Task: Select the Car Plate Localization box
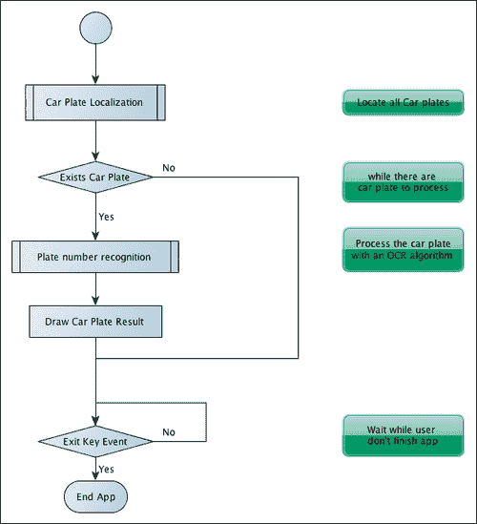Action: (x=94, y=101)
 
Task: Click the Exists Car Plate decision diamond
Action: (x=95, y=177)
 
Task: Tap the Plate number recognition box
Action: (x=95, y=257)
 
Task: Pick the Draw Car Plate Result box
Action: (x=94, y=321)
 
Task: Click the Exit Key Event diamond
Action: (x=95, y=441)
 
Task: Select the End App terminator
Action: (x=95, y=496)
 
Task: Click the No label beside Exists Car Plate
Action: (x=169, y=168)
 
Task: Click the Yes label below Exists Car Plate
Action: (x=106, y=217)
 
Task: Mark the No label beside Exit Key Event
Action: (x=169, y=431)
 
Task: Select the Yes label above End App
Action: (x=106, y=470)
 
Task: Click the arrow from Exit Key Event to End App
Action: (x=95, y=470)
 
